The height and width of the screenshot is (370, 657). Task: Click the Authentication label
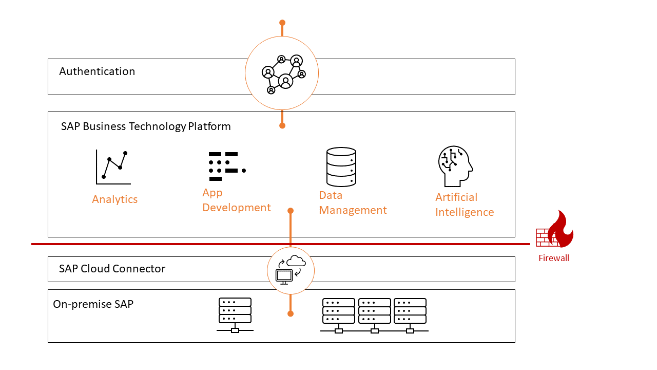97,71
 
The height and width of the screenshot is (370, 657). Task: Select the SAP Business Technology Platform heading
146,126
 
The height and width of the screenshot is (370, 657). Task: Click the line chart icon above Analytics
113,166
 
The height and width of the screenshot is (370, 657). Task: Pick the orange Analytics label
114,199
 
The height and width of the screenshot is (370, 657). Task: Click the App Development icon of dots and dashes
226,166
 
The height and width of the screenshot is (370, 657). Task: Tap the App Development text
236,200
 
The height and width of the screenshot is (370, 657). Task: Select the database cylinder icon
341,166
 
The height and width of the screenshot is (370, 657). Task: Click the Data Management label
353,202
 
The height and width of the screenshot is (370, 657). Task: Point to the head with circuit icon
455,166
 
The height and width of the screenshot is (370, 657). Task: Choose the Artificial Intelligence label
465,205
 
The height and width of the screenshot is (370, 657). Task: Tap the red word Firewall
553,258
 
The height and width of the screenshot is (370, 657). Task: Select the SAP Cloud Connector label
112,269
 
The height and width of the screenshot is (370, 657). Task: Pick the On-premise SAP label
93,304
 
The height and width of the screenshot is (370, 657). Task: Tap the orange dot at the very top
282,23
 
